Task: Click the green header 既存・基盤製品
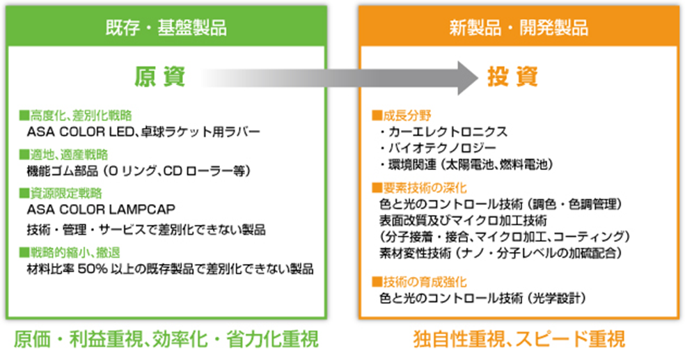click(x=166, y=28)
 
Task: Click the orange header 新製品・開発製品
click(x=519, y=28)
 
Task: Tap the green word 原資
click(x=160, y=77)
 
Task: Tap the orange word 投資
click(x=512, y=77)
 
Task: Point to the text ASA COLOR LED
click(x=80, y=132)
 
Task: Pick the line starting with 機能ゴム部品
click(x=139, y=171)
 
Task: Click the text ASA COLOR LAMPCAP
click(x=101, y=210)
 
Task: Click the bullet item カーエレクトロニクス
click(x=443, y=132)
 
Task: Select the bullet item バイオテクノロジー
click(x=438, y=148)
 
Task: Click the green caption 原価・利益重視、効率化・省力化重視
click(x=166, y=340)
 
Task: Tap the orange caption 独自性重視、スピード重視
click(x=519, y=340)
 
